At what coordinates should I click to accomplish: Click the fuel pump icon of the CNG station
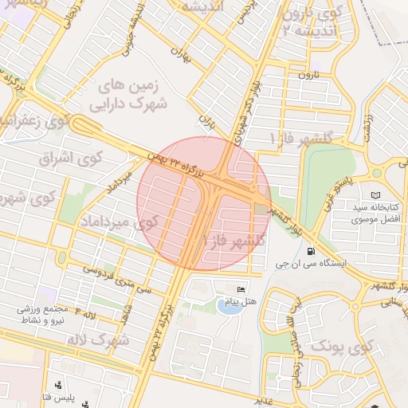coord(300,251)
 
